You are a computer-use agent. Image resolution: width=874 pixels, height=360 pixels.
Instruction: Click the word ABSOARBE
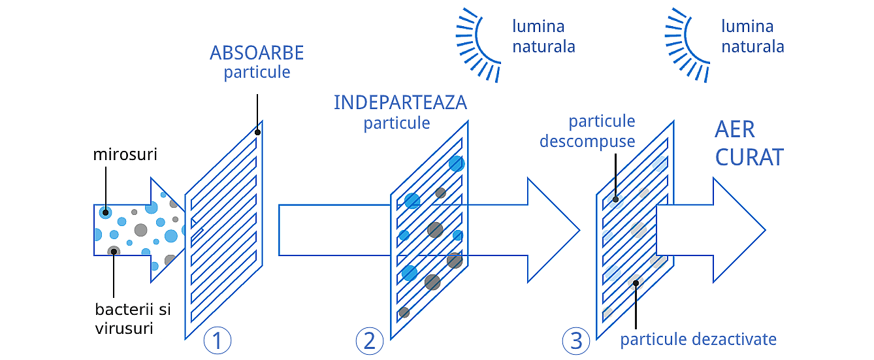[257, 53]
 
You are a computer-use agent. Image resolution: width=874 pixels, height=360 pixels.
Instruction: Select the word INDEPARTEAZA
[400, 103]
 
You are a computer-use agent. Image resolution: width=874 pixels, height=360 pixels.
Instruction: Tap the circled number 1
[218, 340]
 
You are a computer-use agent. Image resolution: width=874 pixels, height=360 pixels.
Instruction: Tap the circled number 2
[370, 340]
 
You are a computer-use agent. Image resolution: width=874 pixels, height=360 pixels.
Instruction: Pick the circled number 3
[575, 340]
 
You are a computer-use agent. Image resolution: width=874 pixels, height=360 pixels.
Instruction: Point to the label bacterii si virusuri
[133, 318]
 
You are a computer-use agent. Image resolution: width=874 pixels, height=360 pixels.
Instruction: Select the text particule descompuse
[587, 131]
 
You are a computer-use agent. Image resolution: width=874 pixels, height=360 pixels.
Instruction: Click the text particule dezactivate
[698, 339]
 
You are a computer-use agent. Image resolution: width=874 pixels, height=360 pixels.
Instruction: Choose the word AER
[735, 129]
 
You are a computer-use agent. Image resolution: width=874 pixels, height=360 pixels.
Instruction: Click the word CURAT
[749, 157]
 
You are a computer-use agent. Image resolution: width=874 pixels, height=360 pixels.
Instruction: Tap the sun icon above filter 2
[478, 44]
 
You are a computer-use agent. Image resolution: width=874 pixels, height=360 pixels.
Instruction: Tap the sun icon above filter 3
[687, 44]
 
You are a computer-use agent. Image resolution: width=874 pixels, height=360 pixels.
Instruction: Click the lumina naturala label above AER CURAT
[753, 37]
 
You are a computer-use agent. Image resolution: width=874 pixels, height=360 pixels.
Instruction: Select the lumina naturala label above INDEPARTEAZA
[543, 37]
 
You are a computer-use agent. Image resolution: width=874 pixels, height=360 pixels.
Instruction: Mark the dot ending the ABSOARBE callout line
[258, 132]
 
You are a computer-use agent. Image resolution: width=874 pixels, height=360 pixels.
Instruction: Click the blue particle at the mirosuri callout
[105, 212]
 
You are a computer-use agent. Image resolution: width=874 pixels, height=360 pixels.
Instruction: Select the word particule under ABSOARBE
[257, 72]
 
